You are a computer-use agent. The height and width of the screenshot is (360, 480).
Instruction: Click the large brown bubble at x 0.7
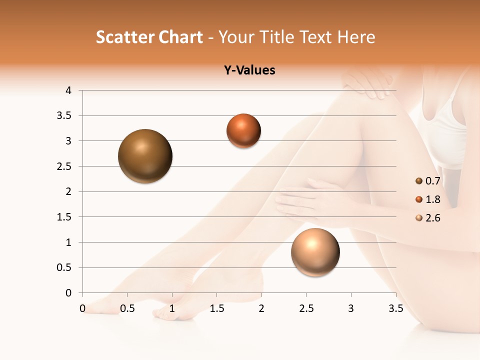(145, 156)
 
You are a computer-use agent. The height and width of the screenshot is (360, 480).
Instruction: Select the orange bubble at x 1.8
(243, 131)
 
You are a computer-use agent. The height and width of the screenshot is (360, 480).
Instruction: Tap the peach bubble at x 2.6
(315, 252)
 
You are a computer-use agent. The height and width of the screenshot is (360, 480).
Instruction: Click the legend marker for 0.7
(419, 181)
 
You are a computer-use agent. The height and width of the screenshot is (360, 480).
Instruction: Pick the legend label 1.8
(432, 199)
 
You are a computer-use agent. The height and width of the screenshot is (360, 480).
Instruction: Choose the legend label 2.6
(432, 218)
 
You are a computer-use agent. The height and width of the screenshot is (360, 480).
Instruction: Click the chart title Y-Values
(249, 70)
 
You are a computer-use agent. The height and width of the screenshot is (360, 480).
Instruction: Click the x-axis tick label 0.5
(127, 308)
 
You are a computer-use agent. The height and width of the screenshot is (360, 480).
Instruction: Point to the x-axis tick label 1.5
(216, 308)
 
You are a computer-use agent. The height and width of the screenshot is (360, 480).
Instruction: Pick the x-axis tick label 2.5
(306, 308)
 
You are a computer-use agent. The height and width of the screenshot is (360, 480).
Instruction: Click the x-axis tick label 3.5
(395, 308)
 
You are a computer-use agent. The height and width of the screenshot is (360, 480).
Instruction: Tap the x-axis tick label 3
(351, 308)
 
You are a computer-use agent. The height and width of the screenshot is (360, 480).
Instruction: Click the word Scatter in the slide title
(124, 37)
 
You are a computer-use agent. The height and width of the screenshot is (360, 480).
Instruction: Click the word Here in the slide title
(356, 37)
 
